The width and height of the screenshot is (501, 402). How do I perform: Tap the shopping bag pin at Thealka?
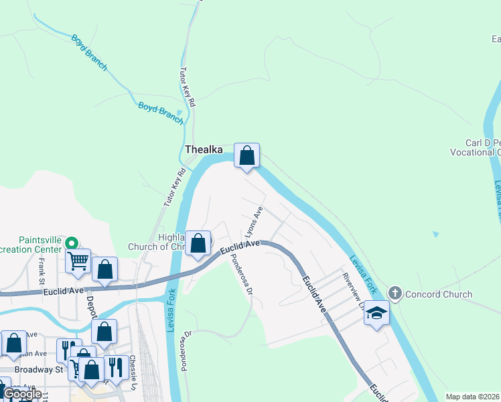[x=246, y=156]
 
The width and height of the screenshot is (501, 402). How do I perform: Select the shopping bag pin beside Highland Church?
[x=198, y=243]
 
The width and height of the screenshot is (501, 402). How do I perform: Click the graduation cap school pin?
[x=376, y=313]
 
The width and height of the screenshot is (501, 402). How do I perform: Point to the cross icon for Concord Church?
[x=395, y=293]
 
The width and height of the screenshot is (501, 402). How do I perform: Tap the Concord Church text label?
[x=438, y=294]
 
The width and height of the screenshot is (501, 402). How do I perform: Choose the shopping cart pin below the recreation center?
[x=78, y=260]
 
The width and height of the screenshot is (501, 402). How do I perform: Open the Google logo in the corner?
[x=21, y=394]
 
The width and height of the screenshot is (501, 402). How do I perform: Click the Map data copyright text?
[x=473, y=397]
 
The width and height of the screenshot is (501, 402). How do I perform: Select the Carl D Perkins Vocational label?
[x=482, y=147]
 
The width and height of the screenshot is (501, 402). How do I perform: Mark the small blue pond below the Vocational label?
[x=437, y=234]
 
